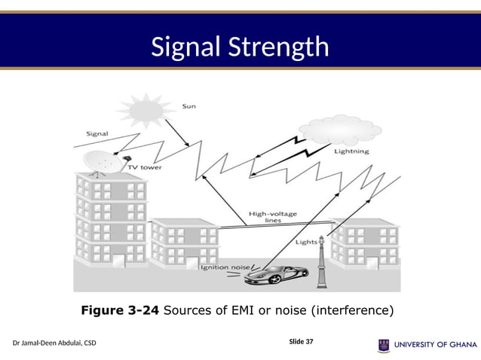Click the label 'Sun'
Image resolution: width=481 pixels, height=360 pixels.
[x=189, y=106]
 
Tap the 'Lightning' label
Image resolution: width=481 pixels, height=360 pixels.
[x=351, y=151]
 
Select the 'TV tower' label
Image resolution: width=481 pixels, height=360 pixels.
[x=144, y=167]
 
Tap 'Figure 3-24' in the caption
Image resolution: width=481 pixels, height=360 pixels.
[x=120, y=310]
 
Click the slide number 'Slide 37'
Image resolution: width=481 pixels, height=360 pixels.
[x=301, y=342]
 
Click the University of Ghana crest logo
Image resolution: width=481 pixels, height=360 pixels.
[x=384, y=345]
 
